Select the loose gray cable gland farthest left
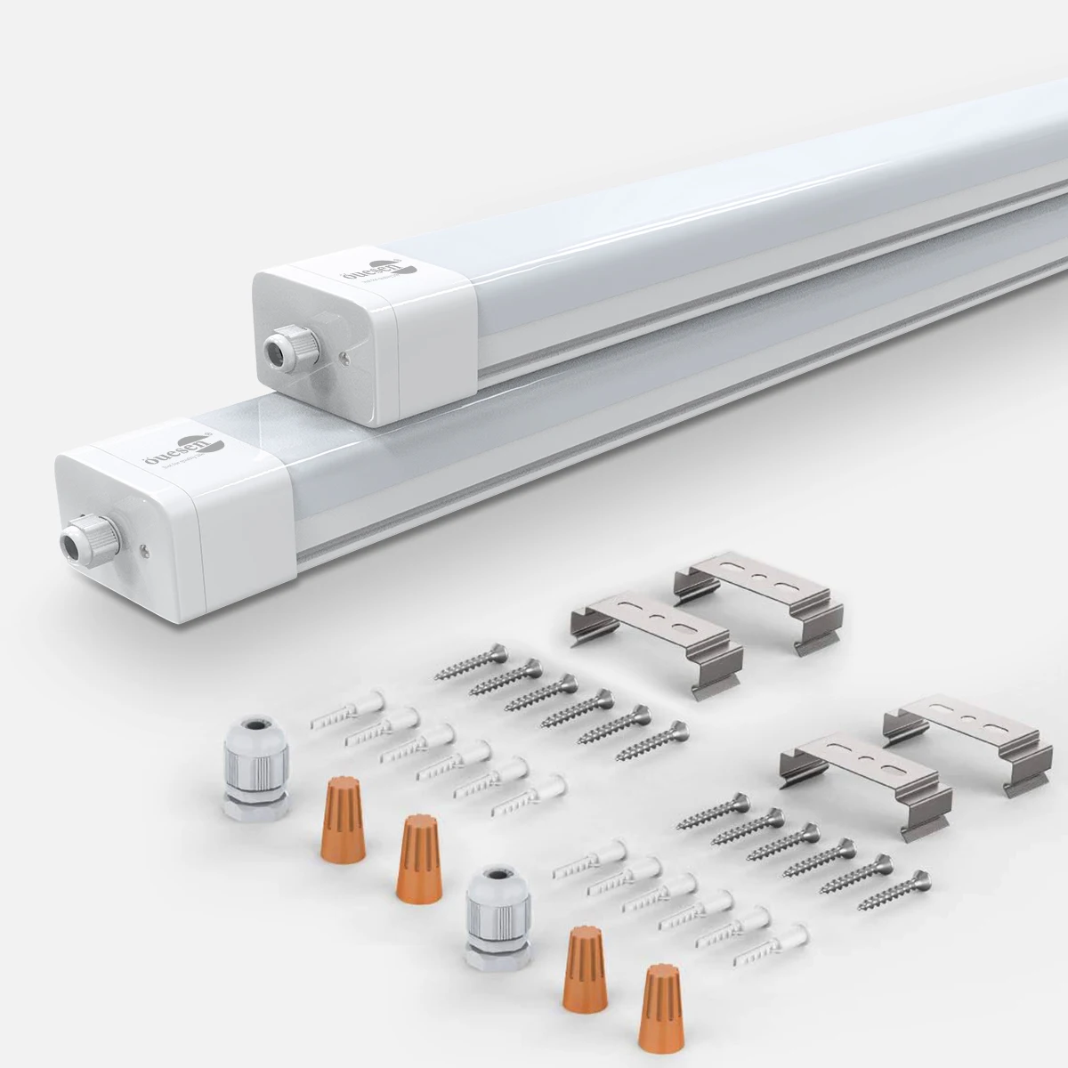pos(255,771)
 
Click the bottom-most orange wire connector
pos(658,1007)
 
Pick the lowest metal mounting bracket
pos(861,784)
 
